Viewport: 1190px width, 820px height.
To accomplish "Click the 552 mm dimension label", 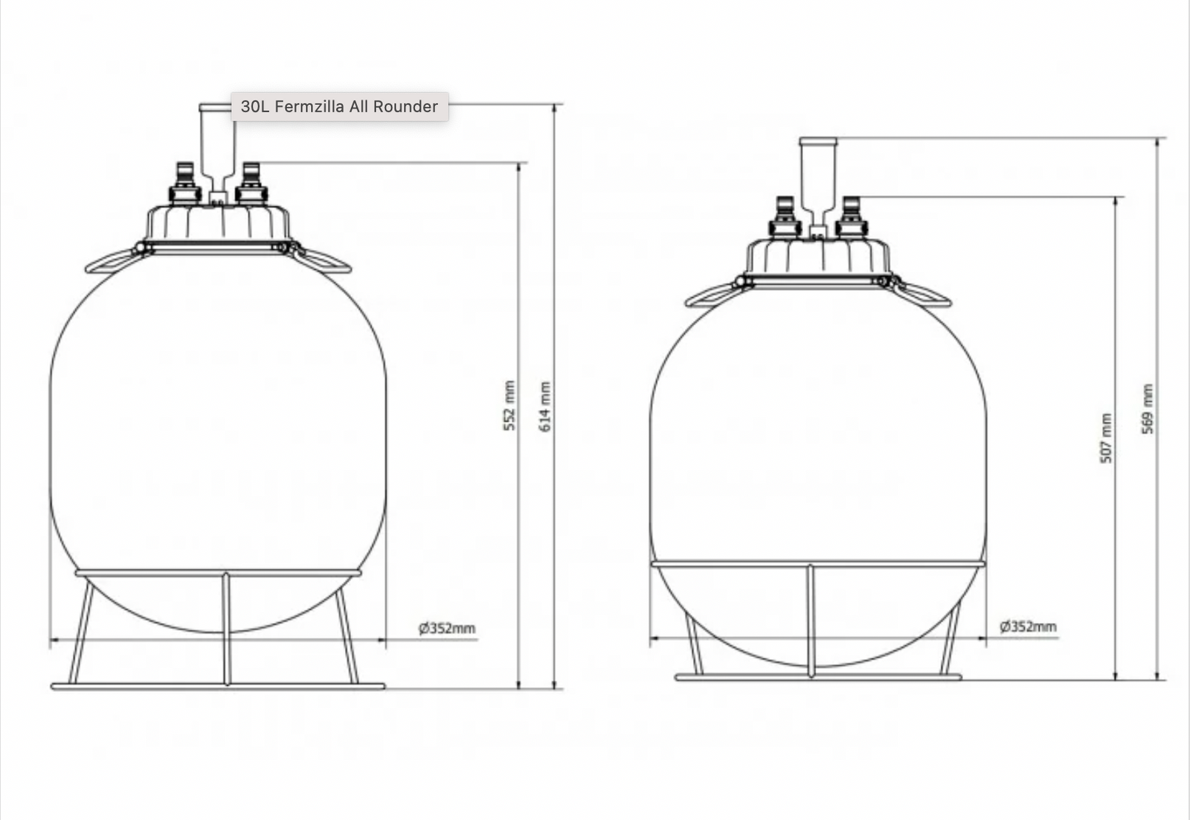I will point(509,406).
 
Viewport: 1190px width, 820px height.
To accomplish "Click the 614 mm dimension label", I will point(545,406).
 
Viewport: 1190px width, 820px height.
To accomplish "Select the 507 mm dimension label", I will point(1106,438).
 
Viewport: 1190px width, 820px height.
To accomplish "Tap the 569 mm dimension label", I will point(1148,409).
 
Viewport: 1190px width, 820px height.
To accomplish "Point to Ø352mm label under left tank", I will point(446,629).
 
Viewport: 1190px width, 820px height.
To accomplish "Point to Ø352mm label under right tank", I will point(1028,627).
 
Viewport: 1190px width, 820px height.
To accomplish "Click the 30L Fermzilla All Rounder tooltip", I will point(339,106).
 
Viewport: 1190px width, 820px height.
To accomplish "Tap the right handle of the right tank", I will point(925,294).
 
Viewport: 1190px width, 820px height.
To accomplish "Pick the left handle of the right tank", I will point(710,295).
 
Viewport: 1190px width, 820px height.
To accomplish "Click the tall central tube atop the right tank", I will point(817,179).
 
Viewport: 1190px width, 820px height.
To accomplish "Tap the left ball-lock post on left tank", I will point(185,183).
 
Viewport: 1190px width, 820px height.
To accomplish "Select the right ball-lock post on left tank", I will point(251,183).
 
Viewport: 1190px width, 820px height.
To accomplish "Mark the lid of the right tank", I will point(817,257).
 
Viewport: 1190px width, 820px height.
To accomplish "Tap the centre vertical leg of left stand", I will point(227,629).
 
